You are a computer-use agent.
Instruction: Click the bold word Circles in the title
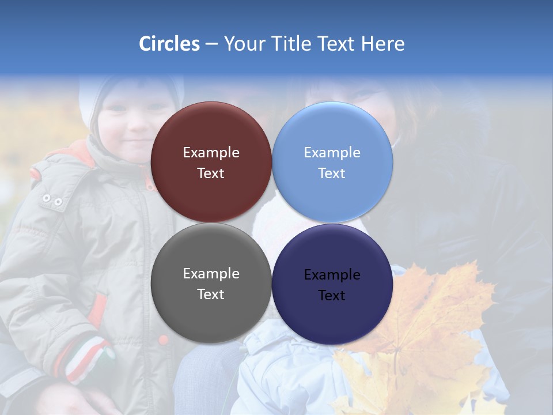click(169, 44)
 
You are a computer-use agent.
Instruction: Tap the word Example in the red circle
click(211, 153)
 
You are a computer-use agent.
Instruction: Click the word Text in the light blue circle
click(332, 173)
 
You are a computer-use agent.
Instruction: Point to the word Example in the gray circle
click(211, 274)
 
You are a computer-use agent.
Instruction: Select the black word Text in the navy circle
click(332, 296)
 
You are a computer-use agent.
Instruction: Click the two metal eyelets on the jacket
click(52, 200)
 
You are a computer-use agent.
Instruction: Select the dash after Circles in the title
click(211, 44)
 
